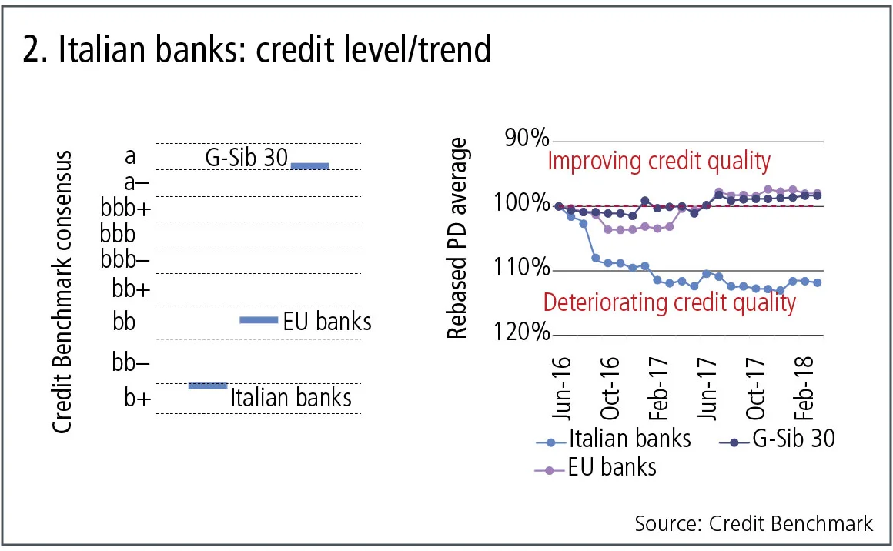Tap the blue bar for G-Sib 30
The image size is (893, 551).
(309, 165)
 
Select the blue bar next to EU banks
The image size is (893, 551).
(259, 320)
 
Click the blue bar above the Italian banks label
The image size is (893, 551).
(208, 385)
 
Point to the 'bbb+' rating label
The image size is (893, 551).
(125, 209)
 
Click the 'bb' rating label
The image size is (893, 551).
(124, 321)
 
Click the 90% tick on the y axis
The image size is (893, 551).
(527, 139)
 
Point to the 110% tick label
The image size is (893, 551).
(523, 269)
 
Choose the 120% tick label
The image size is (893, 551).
(523, 334)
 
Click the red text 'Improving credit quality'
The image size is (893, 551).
(658, 162)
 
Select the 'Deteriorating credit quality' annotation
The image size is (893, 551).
(669, 302)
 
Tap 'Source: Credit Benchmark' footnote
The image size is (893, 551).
(754, 524)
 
